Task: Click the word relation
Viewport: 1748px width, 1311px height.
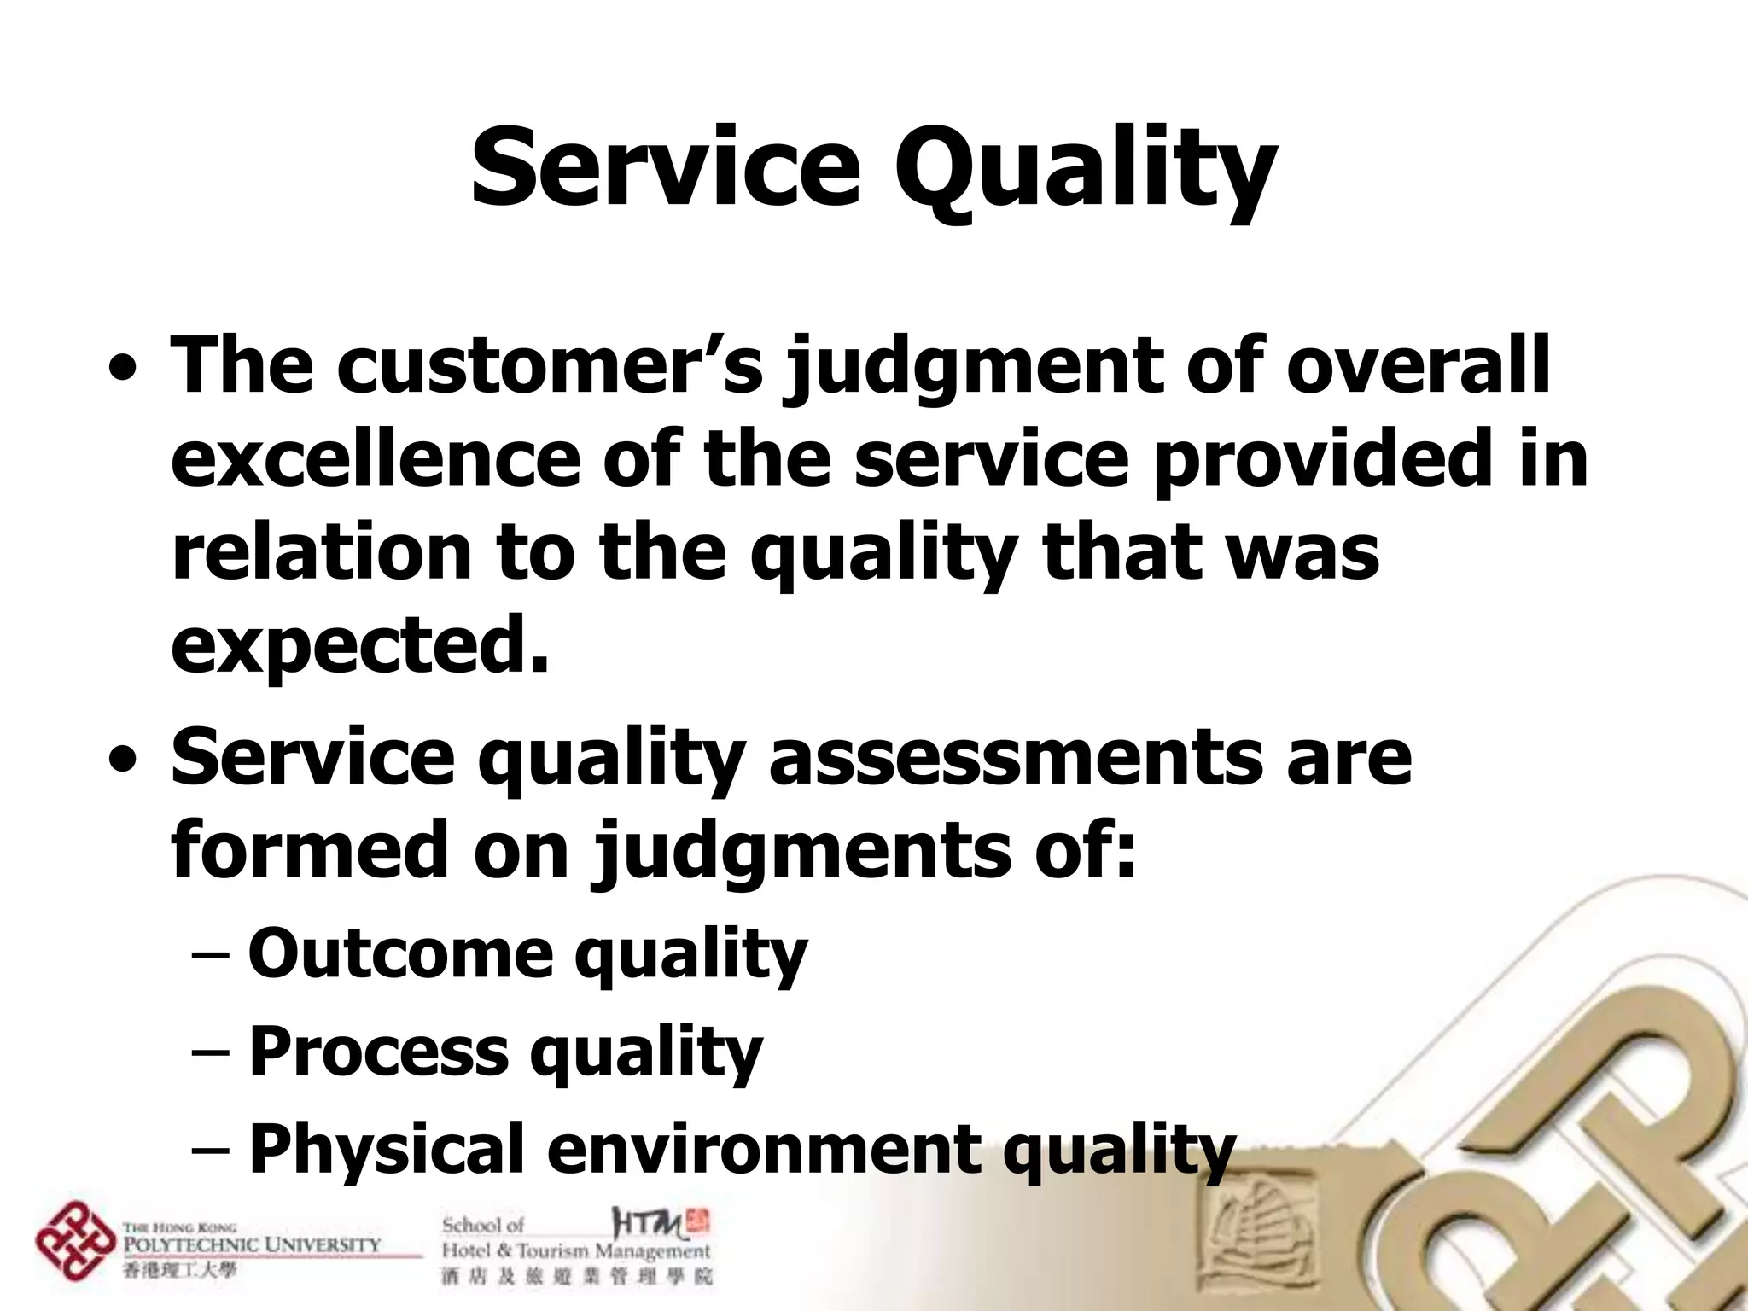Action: tap(321, 552)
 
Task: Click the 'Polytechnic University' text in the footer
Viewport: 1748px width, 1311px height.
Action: tap(252, 1244)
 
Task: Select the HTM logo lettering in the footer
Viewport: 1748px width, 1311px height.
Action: tap(649, 1224)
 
